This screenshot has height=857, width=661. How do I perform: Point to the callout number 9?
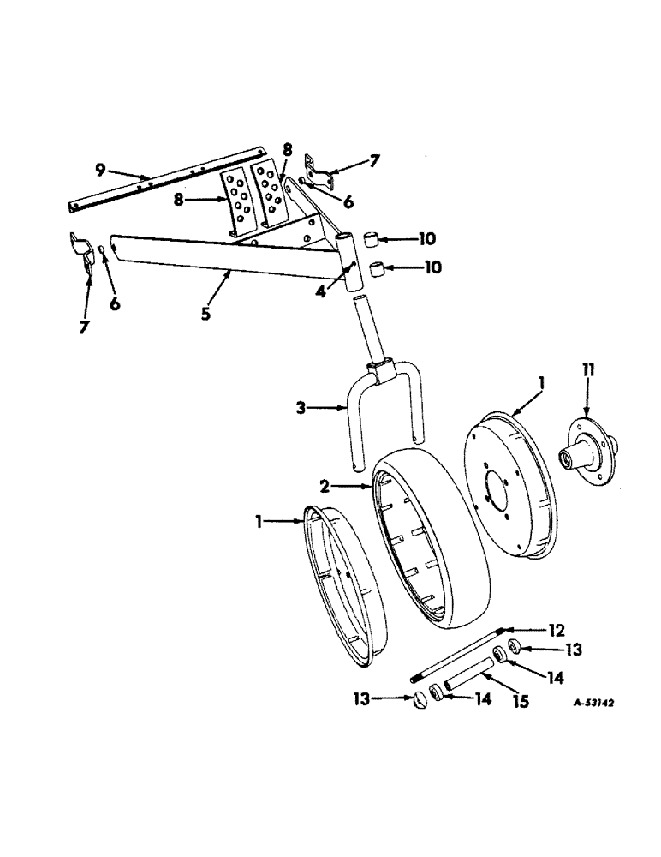click(101, 170)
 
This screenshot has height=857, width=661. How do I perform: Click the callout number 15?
click(519, 701)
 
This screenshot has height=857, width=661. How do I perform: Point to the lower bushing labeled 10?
click(376, 273)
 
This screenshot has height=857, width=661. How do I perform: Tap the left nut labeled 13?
click(420, 699)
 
